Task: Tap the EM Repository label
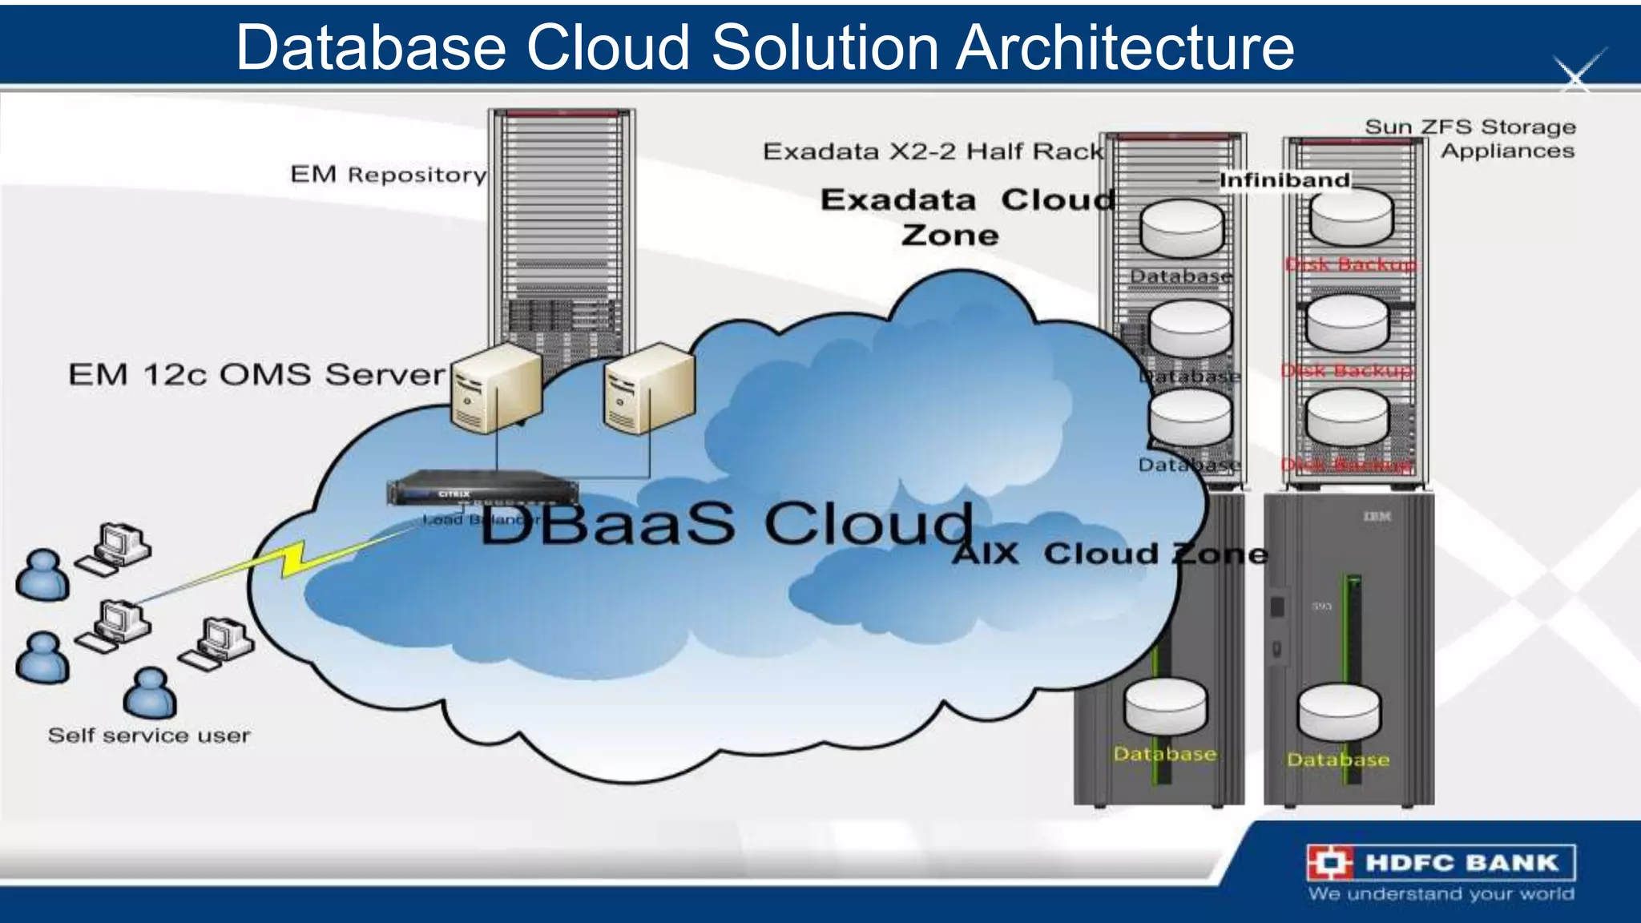389,175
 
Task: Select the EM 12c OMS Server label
256,374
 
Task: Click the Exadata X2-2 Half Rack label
933,151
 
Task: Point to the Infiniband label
1284,180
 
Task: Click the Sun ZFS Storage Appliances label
1470,139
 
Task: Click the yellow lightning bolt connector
293,559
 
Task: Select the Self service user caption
149,736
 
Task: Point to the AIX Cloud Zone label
1110,554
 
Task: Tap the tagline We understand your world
1441,893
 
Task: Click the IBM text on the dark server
1377,517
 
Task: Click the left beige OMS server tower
496,389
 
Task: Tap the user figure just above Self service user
150,693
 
